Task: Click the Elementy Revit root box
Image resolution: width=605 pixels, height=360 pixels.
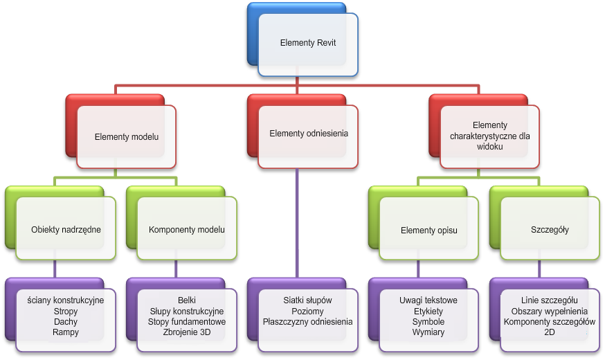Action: [x=308, y=43]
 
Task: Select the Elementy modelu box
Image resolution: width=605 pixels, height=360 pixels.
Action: [x=127, y=137]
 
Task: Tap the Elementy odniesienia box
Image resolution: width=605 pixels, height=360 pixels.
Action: [x=308, y=134]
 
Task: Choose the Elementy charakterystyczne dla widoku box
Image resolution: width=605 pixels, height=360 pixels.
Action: [x=489, y=136]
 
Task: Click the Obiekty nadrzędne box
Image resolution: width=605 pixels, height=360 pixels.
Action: [x=66, y=229]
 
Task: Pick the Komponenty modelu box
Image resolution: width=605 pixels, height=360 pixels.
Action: [x=187, y=229]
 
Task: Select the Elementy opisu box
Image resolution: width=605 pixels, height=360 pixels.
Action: [x=429, y=230]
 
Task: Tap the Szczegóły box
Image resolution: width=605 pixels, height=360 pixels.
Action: [x=550, y=230]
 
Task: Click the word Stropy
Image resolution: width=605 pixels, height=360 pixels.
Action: [x=66, y=311]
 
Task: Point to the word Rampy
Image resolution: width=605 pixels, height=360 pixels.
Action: [x=66, y=332]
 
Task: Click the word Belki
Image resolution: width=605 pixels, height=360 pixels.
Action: [x=187, y=300]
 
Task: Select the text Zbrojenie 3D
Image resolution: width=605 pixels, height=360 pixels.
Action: [x=187, y=332]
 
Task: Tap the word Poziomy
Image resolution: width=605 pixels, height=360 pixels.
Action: [x=308, y=311]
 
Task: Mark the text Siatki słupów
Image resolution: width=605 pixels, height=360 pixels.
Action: [x=308, y=300]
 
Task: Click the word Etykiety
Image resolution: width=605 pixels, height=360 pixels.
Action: [x=428, y=311]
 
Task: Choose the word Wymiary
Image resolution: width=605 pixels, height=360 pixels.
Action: [x=428, y=332]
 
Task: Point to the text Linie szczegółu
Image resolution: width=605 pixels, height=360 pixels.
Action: [x=550, y=300]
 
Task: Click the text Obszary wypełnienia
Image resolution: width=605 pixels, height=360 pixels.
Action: [x=550, y=311]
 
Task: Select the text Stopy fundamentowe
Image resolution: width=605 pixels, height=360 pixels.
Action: [x=187, y=322]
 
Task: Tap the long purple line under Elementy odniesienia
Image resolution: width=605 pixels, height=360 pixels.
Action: [x=297, y=222]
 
